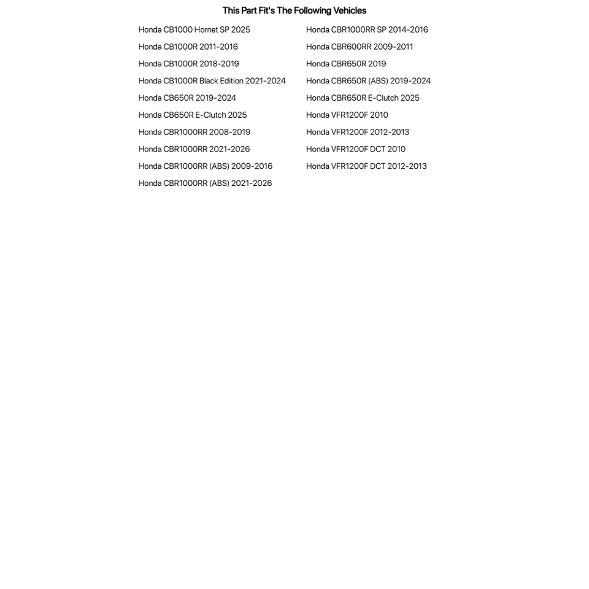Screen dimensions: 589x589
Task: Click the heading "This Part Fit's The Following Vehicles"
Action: coord(294,10)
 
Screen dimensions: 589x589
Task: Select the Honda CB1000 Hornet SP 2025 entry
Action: coord(194,29)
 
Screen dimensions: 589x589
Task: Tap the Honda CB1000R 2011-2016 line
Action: coord(188,47)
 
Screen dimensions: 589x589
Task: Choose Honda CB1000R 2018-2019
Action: coord(188,64)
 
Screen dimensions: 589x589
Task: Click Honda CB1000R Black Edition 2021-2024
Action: coord(212,81)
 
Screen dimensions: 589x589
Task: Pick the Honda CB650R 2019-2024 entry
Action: coord(187,98)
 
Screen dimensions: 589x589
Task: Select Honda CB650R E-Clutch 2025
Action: coord(193,115)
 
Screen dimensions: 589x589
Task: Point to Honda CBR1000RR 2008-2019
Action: coord(194,132)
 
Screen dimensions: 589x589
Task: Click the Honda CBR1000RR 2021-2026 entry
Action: coord(194,149)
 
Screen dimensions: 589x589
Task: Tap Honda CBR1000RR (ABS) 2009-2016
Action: coord(205,166)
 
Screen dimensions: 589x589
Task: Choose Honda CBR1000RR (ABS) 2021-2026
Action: coord(205,183)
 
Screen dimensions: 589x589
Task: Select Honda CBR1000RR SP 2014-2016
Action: coord(367,29)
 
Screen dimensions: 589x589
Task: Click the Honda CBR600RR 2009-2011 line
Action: coord(360,47)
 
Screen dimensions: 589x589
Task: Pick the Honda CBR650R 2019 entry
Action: coord(346,64)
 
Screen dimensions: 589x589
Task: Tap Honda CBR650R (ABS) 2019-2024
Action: coord(368,81)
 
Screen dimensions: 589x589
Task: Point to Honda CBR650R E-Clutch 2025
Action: coord(363,98)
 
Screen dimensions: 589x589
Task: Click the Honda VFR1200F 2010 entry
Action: coord(347,115)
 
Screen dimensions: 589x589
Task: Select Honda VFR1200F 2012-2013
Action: coord(358,132)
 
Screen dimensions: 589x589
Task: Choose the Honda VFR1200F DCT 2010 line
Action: coord(356,149)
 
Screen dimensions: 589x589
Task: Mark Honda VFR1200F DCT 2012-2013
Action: coord(366,166)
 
